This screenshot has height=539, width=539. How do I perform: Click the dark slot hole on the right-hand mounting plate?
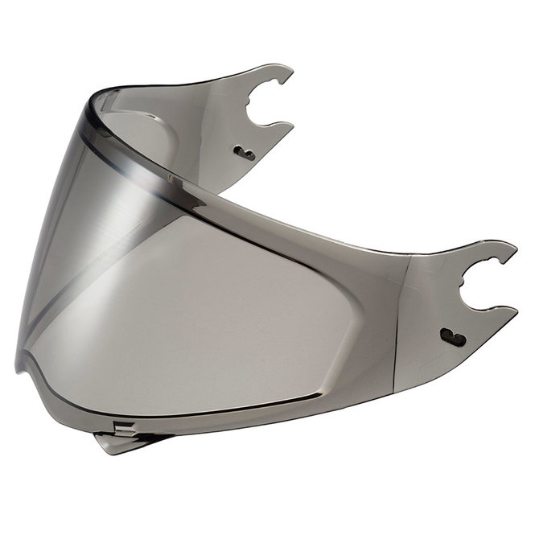(x=454, y=338)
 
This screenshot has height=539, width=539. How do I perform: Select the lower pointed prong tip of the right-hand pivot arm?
(x=515, y=309)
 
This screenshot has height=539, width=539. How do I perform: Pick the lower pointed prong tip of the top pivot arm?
(x=291, y=125)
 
